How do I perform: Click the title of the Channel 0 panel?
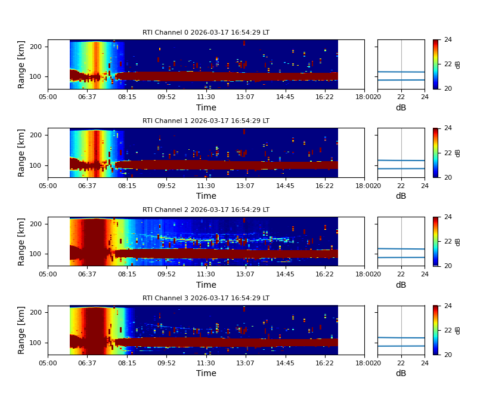click(x=206, y=33)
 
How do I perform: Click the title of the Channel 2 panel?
click(x=206, y=210)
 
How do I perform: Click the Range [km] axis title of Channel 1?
click(x=22, y=153)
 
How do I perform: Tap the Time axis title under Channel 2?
click(x=206, y=285)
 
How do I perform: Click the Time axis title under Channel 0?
click(x=206, y=107)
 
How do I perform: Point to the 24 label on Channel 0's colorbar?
click(x=448, y=40)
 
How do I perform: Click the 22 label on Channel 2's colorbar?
click(x=448, y=241)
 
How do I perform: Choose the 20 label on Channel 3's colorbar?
click(x=448, y=355)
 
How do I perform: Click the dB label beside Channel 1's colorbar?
click(x=458, y=153)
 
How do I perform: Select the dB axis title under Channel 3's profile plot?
click(x=401, y=373)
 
